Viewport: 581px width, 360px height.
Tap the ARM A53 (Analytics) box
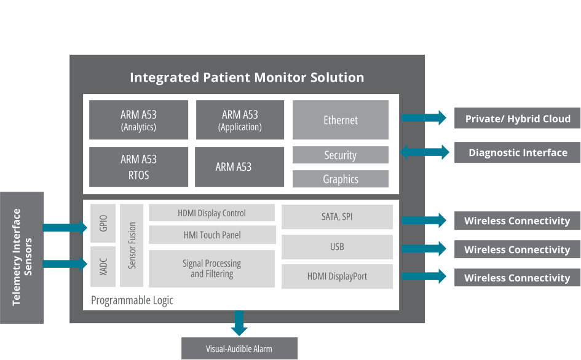pyautogui.click(x=138, y=120)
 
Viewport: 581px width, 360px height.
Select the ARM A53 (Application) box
pyautogui.click(x=240, y=120)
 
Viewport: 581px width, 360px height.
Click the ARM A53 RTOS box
pyautogui.click(x=138, y=166)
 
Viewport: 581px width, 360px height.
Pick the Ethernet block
pyautogui.click(x=341, y=120)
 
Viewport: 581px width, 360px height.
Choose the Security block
pyautogui.click(x=341, y=155)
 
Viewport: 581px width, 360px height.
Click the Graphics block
pyautogui.click(x=341, y=179)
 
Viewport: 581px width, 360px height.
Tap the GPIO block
pyautogui.click(x=103, y=223)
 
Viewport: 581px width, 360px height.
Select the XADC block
pyautogui.click(x=103, y=267)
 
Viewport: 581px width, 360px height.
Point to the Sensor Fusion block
pyautogui.click(x=132, y=245)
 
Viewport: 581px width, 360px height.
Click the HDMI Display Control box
pyautogui.click(x=211, y=213)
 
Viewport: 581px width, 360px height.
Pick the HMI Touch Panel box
pyautogui.click(x=211, y=235)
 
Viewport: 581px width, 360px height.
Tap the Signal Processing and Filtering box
pyautogui.click(x=211, y=268)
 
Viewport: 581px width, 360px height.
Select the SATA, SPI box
pyautogui.click(x=337, y=217)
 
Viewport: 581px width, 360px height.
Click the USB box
pyautogui.click(x=337, y=246)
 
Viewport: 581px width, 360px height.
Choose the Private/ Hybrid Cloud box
pyautogui.click(x=518, y=119)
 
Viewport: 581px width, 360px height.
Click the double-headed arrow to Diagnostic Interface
pyautogui.click(x=425, y=152)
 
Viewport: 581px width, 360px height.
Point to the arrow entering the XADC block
pyautogui.click(x=65, y=264)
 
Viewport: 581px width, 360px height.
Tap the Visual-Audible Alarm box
pyautogui.click(x=239, y=349)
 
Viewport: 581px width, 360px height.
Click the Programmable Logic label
pyautogui.click(x=132, y=300)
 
